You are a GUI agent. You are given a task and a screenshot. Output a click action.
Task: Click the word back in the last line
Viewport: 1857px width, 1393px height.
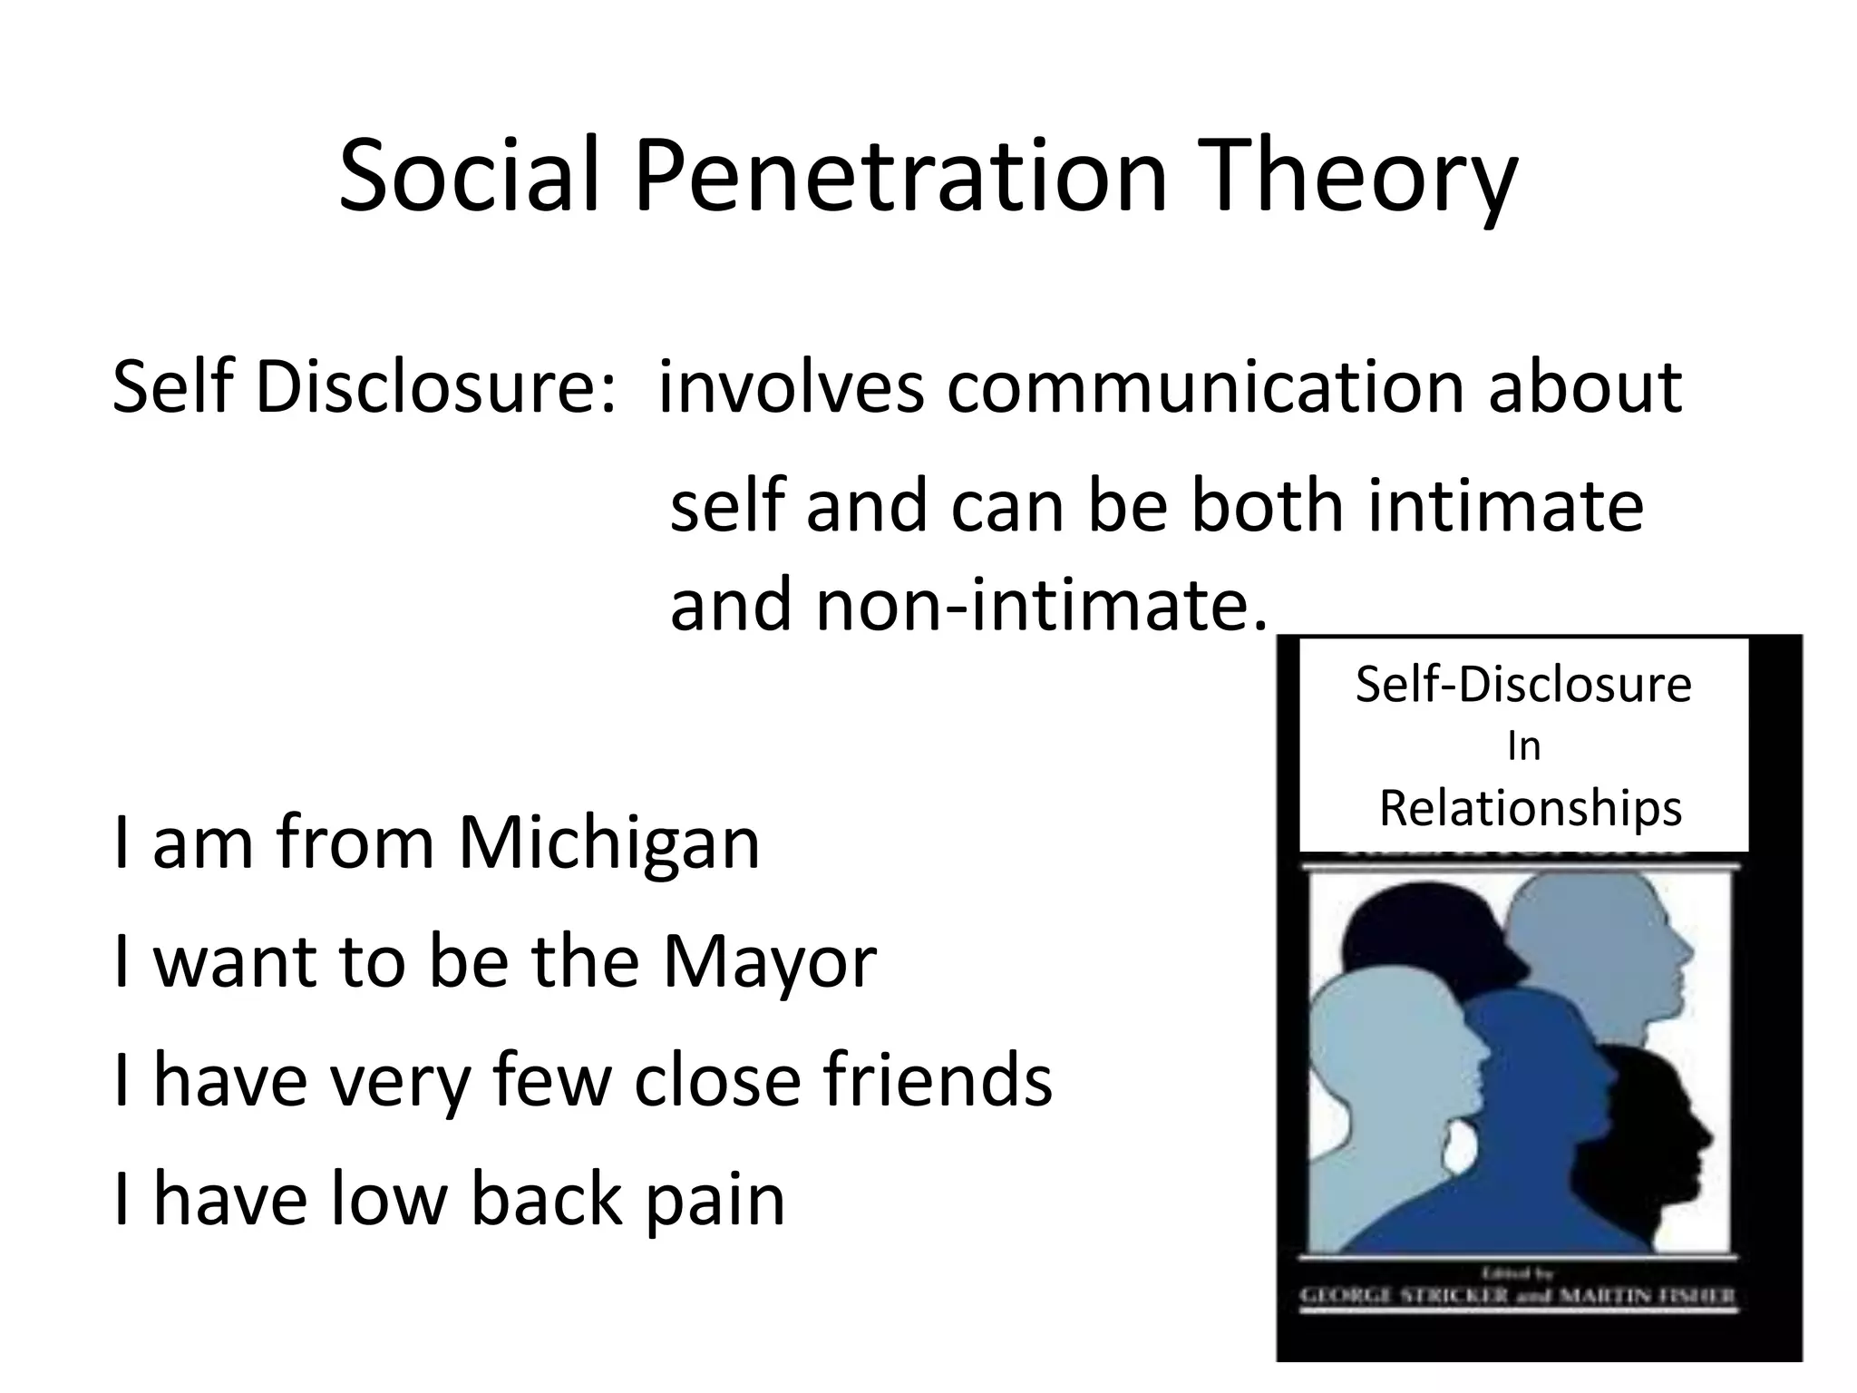point(545,1199)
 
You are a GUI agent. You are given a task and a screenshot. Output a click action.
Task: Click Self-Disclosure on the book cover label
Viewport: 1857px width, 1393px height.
point(1523,684)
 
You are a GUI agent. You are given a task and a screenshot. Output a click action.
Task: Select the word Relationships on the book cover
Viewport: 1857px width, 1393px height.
point(1531,807)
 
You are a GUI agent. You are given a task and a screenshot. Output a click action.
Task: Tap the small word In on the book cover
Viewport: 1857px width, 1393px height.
point(1523,746)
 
